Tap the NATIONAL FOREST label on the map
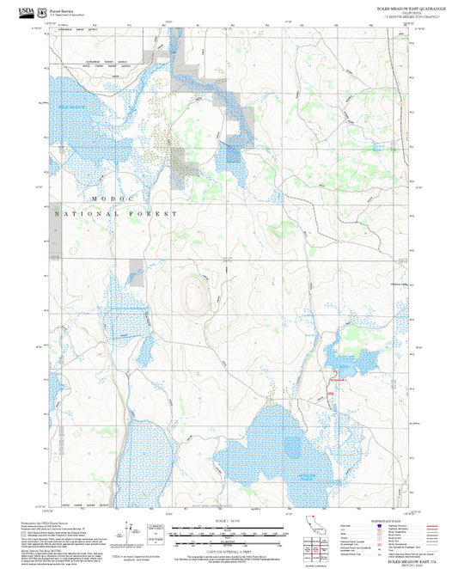point(116,213)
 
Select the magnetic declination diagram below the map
point(132,529)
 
